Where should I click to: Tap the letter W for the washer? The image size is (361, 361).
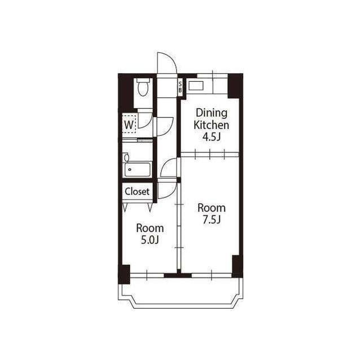[x=129, y=125]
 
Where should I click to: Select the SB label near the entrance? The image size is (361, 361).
[x=180, y=87]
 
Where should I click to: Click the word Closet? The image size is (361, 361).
[x=137, y=191]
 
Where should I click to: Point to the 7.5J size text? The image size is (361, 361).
[x=212, y=219]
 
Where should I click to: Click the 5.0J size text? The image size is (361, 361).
[x=150, y=240]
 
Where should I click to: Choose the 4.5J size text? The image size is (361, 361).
[x=212, y=137]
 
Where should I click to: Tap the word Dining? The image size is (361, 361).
[x=212, y=113]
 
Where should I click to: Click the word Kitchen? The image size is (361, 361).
[x=212, y=125]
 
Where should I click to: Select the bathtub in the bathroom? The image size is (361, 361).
[x=137, y=170]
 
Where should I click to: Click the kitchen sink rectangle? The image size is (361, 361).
[x=196, y=86]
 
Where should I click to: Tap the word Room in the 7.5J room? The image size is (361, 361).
[x=212, y=208]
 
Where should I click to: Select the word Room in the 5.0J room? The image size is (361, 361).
[x=150, y=228]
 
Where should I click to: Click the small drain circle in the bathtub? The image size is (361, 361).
[x=130, y=170]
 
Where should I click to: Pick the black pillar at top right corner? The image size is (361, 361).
[x=235, y=86]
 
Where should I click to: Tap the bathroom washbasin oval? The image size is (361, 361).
[x=126, y=158]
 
